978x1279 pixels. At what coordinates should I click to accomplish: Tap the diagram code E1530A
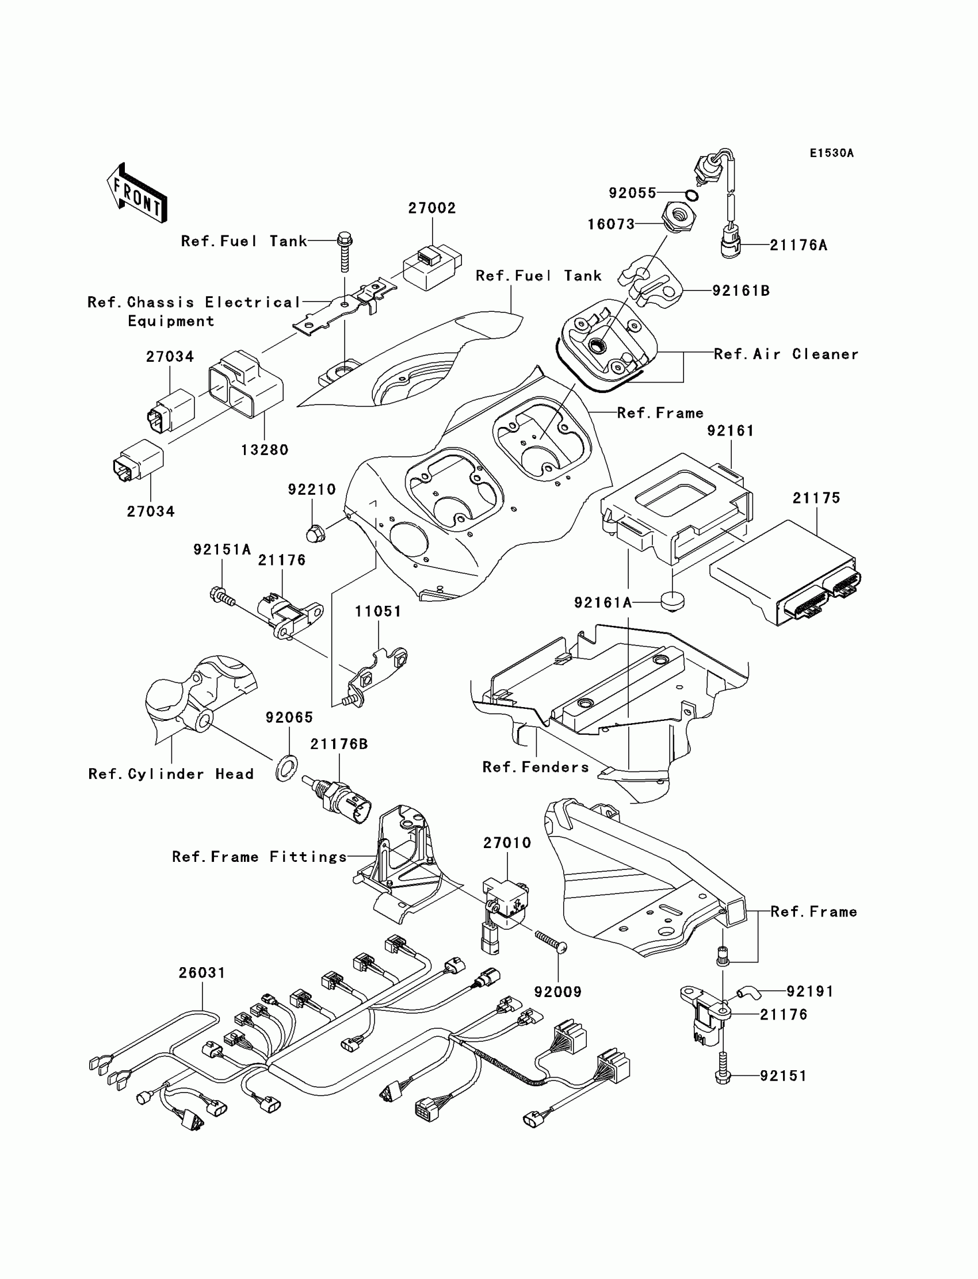pyautogui.click(x=831, y=153)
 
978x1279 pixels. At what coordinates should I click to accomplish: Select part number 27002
pyautogui.click(x=431, y=208)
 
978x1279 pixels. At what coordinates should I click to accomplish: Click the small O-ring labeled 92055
pyautogui.click(x=691, y=195)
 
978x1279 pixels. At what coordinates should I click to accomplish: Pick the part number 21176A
pyautogui.click(x=798, y=245)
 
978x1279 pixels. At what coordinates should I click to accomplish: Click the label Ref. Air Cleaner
pyautogui.click(x=786, y=354)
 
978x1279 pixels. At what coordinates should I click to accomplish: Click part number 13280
pyautogui.click(x=265, y=450)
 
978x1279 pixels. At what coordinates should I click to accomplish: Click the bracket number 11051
pyautogui.click(x=379, y=611)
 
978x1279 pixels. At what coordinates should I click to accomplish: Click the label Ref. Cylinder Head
pyautogui.click(x=171, y=774)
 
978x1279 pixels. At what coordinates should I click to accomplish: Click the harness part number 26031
pyautogui.click(x=201, y=973)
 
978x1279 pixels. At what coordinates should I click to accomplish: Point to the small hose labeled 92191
pyautogui.click(x=748, y=991)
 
